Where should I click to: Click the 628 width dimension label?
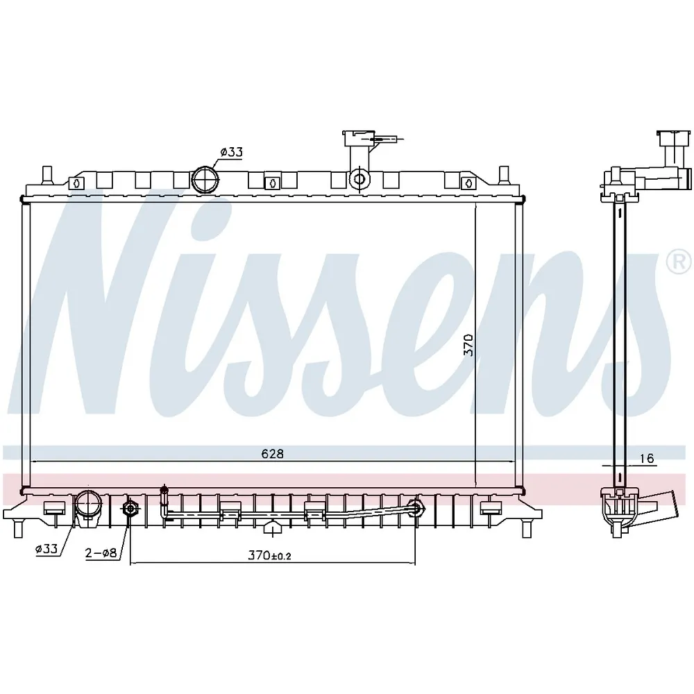click(x=272, y=454)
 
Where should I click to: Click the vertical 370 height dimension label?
click(x=468, y=345)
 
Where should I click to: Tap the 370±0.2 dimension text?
click(x=269, y=555)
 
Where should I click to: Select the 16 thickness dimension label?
click(x=647, y=458)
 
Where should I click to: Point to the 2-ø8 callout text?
click(x=101, y=552)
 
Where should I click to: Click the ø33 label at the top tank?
click(x=232, y=152)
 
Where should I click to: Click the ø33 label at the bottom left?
click(x=47, y=549)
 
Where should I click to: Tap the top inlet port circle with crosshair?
click(x=205, y=179)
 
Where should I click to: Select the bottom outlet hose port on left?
click(x=87, y=508)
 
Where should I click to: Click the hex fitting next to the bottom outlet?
click(x=130, y=509)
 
